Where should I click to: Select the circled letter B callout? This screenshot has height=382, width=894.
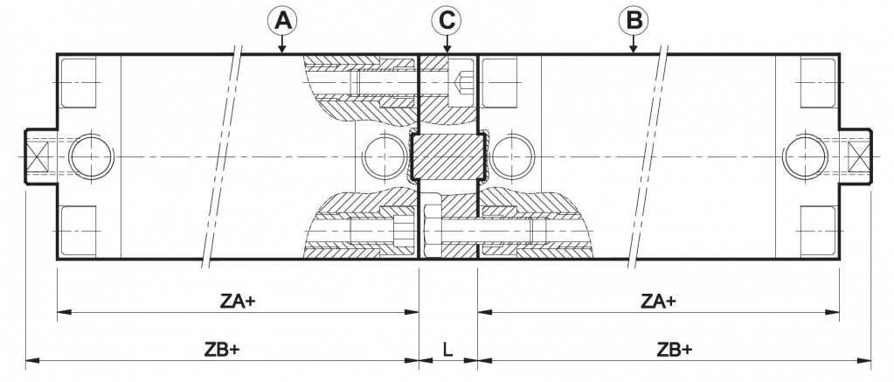(633, 19)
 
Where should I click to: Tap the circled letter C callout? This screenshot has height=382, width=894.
(447, 19)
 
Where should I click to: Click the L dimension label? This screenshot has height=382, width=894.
(447, 350)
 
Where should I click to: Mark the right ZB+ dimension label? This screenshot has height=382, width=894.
(674, 350)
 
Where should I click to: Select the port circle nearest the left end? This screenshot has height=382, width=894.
(89, 156)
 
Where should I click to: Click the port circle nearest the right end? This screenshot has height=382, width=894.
(804, 156)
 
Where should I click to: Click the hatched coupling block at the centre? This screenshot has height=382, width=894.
(447, 157)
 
